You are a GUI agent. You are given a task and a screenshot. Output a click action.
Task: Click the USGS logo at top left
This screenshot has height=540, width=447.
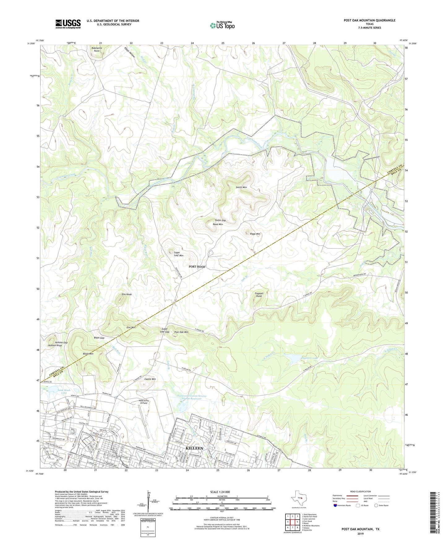click(68, 24)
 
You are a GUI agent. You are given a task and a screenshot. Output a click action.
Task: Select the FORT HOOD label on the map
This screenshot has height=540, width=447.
click(197, 267)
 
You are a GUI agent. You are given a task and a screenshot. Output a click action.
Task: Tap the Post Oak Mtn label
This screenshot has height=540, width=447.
click(181, 332)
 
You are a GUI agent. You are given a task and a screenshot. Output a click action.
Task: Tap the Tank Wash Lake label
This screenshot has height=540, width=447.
click(64, 392)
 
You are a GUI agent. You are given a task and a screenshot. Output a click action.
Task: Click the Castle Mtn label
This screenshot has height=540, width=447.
click(150, 379)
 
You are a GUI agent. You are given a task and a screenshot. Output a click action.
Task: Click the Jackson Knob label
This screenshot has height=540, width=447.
click(54, 345)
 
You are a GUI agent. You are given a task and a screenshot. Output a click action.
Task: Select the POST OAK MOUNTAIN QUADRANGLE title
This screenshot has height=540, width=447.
click(369, 20)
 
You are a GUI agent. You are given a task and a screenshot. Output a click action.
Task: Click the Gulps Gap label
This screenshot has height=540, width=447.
click(220, 220)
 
